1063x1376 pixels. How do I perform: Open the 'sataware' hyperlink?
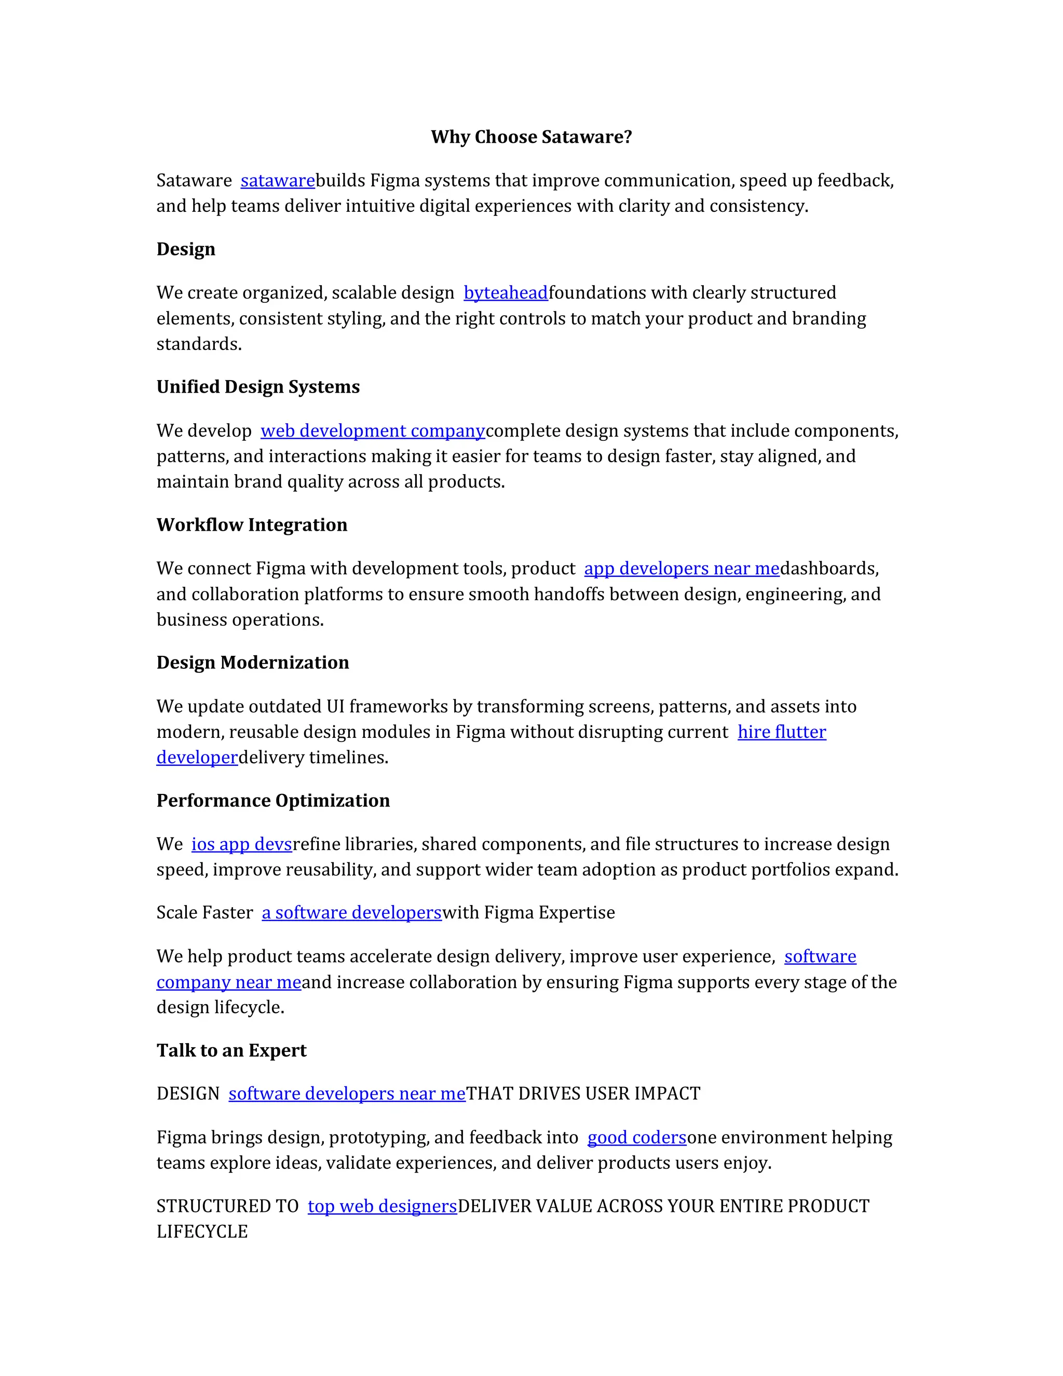[x=277, y=181]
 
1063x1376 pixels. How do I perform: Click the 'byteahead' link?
[x=506, y=293]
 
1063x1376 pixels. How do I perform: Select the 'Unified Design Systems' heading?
[x=257, y=387]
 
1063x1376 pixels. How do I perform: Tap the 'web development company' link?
[x=373, y=431]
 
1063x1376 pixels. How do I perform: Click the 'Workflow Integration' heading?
[x=251, y=525]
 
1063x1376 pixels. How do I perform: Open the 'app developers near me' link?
[x=682, y=569]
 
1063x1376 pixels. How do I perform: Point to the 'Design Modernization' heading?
[x=253, y=663]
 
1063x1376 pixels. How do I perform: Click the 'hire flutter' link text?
[x=782, y=732]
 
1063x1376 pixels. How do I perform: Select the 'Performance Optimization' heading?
[x=272, y=801]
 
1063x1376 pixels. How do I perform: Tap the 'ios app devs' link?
[x=242, y=844]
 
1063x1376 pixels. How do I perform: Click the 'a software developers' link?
[x=351, y=913]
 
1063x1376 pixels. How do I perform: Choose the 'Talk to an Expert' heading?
[x=231, y=1051]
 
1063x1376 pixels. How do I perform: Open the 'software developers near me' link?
[x=347, y=1094]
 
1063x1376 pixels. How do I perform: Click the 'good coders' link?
[x=637, y=1138]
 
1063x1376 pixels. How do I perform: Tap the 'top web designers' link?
[x=382, y=1207]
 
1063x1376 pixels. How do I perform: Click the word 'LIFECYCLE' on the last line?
[x=202, y=1232]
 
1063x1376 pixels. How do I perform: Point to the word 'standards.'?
[x=199, y=344]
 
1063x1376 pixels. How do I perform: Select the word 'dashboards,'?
[x=829, y=569]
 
